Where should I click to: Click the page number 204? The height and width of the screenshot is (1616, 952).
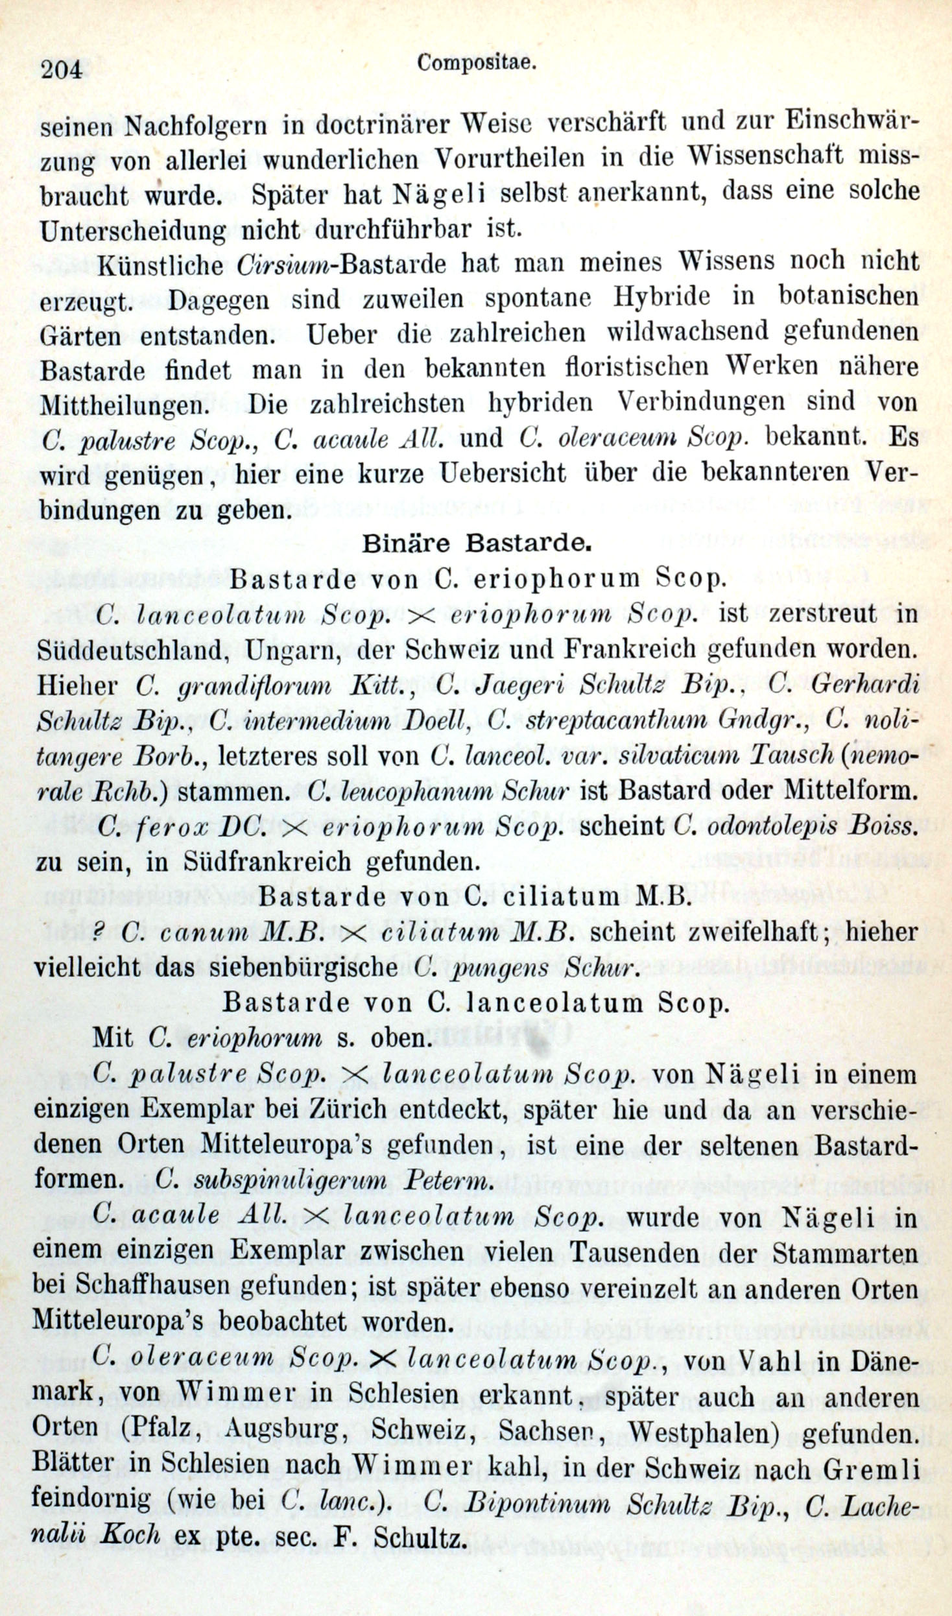(x=62, y=68)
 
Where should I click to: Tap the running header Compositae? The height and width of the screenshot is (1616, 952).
(x=476, y=62)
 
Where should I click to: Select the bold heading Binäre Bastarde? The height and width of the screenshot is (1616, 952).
(x=476, y=543)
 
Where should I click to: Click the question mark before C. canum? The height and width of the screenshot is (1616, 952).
(x=99, y=931)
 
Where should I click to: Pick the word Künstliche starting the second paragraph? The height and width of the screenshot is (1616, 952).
(x=159, y=265)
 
